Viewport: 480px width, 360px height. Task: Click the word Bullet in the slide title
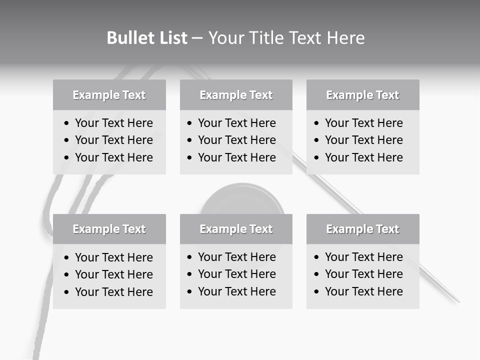131,38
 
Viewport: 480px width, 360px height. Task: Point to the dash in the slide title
197,38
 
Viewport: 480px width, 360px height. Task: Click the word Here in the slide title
345,38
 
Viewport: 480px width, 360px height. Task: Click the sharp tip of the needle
458,301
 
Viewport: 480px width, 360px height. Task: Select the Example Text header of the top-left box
109,95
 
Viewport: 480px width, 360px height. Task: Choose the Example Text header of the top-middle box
236,95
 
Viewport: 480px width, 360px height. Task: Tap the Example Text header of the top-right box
362,95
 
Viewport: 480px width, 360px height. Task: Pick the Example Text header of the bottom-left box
109,229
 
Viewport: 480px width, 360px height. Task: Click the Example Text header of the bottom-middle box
236,229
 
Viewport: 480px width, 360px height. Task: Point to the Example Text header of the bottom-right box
362,229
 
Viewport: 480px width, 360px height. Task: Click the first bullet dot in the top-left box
67,123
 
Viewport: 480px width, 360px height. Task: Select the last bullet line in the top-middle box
236,157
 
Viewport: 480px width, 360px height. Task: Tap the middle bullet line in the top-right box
363,140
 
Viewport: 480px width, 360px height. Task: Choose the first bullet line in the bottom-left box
113,257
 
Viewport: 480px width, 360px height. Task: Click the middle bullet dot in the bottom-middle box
190,274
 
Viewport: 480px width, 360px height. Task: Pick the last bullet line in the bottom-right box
363,291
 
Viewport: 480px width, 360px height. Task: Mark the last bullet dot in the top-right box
317,158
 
